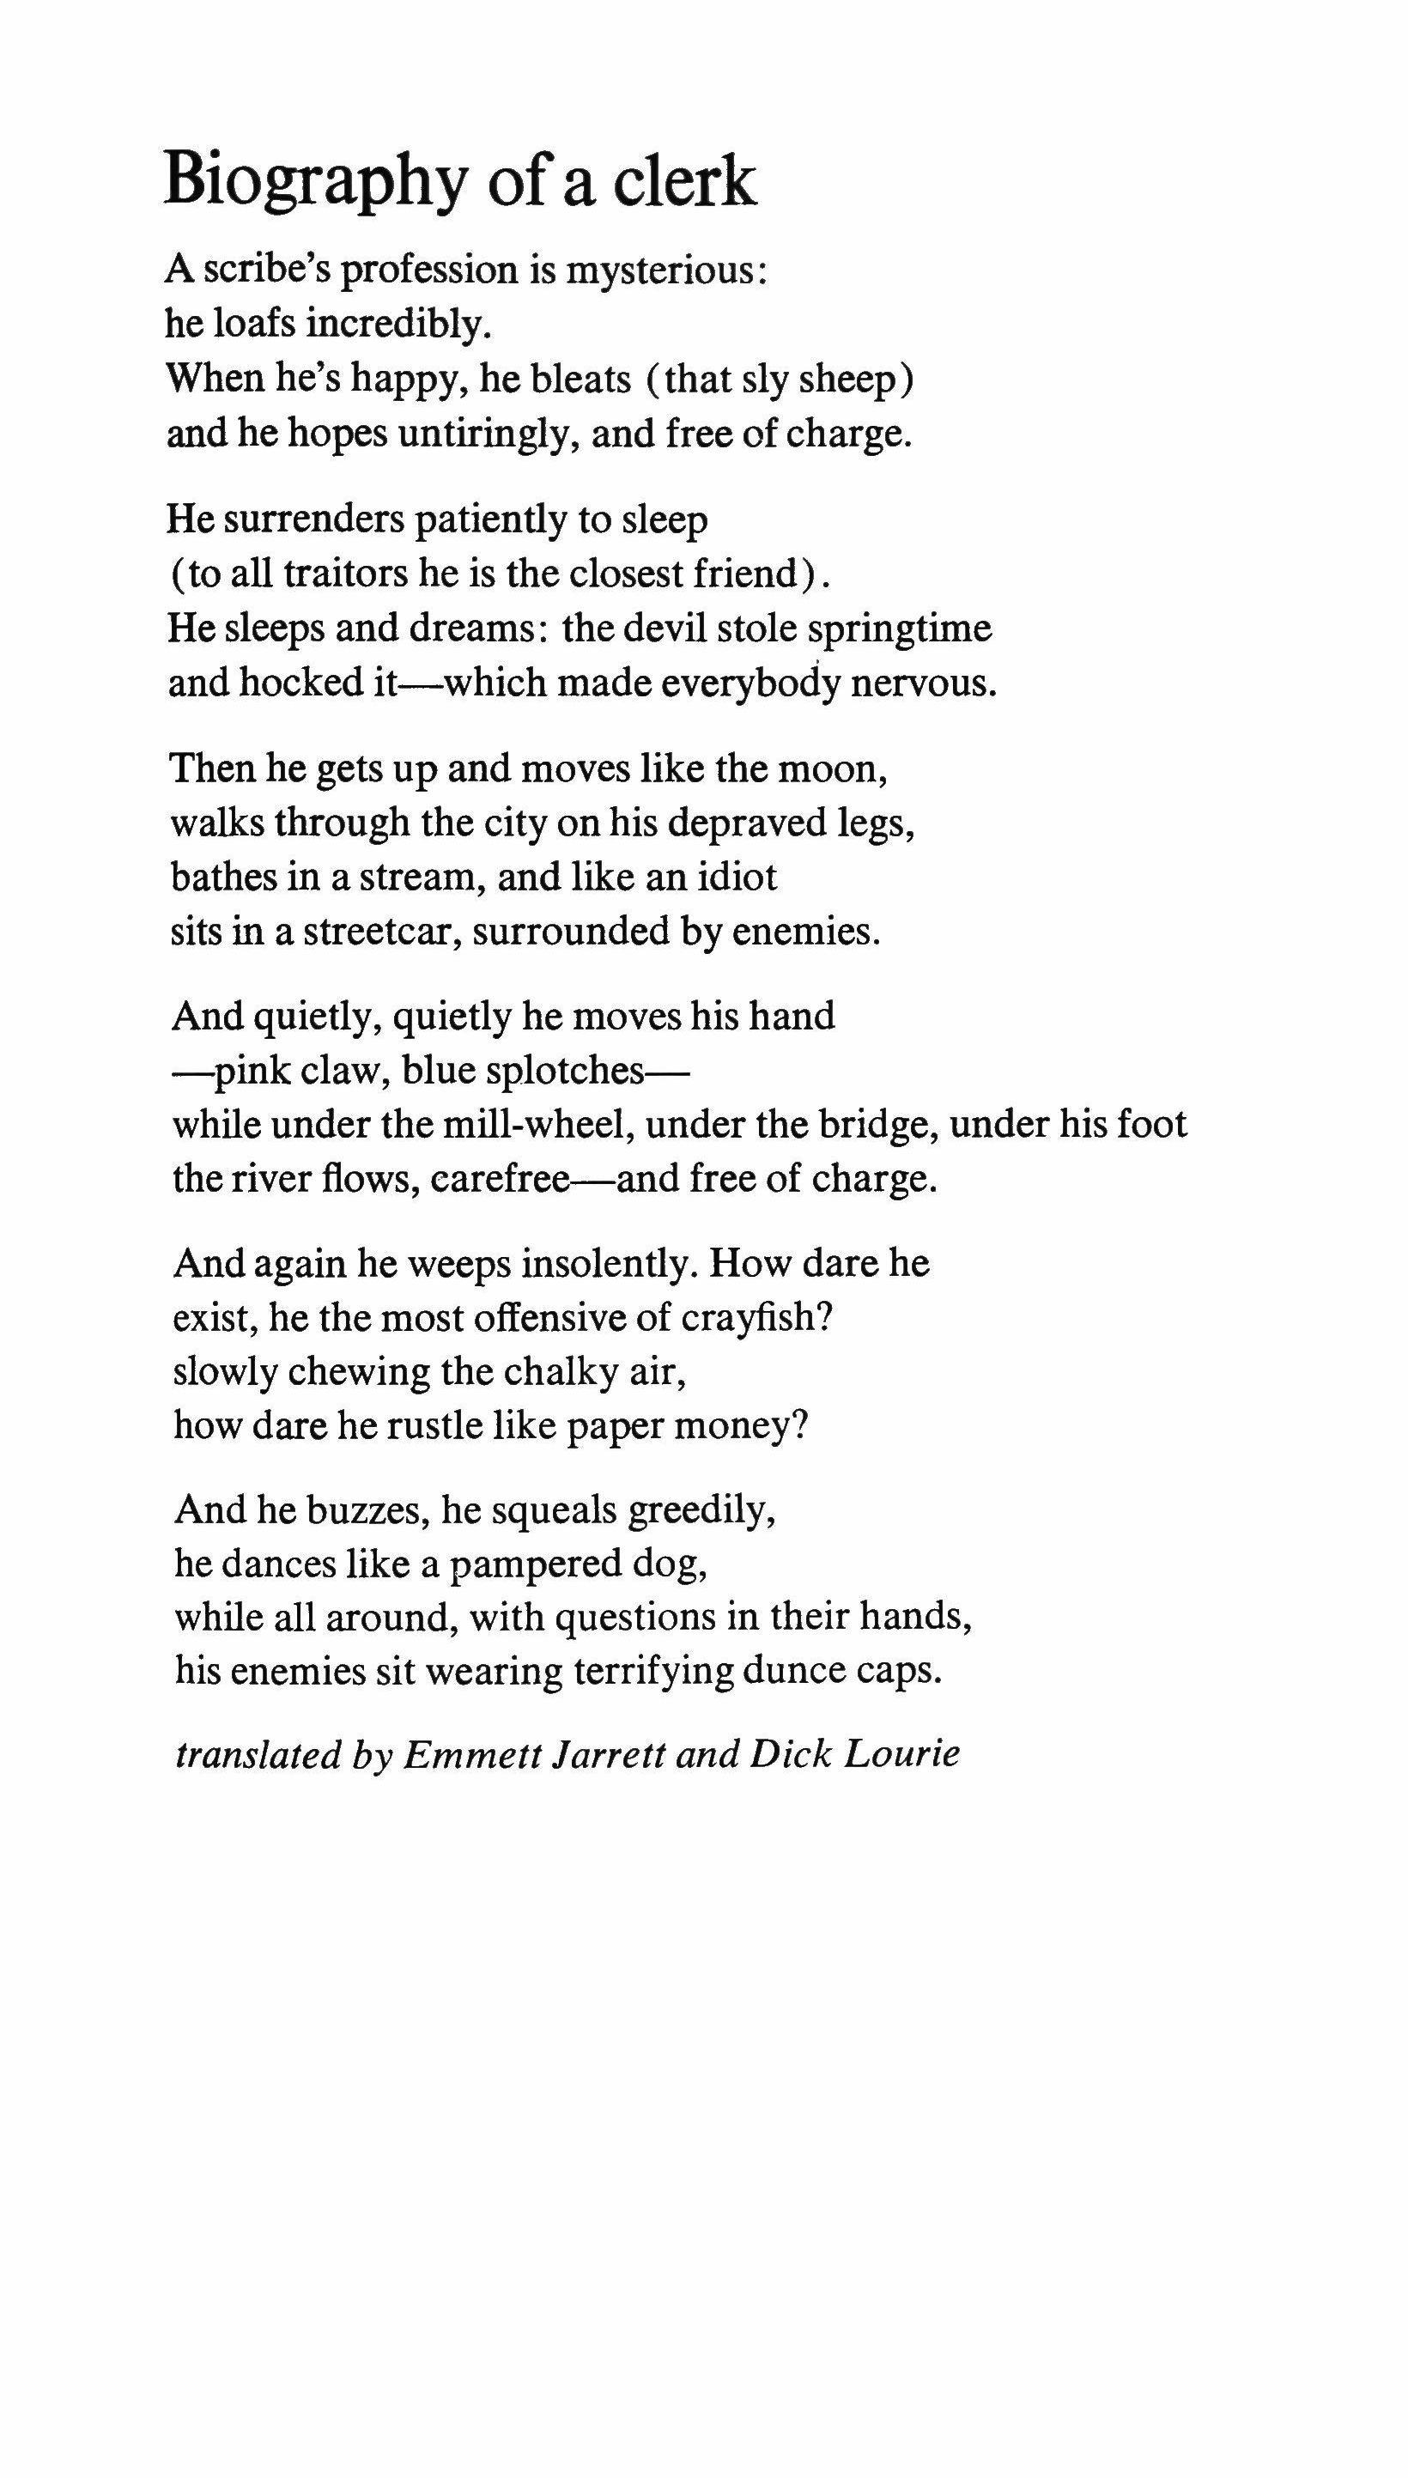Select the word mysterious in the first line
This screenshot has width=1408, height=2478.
665,270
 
